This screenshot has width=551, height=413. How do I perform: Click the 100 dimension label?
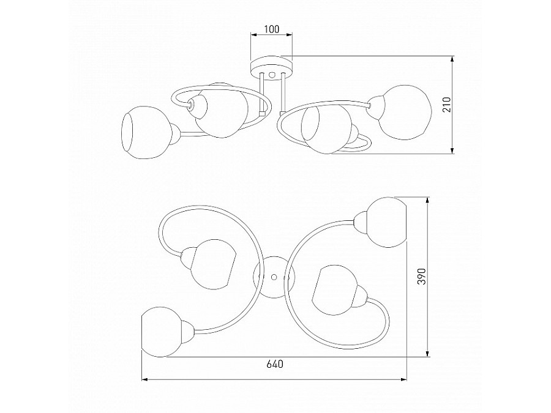(x=271, y=29)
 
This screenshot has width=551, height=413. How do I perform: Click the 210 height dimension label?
(x=446, y=104)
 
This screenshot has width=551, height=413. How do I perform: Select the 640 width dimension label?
(x=274, y=364)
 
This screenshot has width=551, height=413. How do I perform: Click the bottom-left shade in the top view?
(x=162, y=332)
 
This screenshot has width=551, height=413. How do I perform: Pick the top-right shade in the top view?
(x=386, y=222)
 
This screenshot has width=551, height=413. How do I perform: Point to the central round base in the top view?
(x=274, y=277)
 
